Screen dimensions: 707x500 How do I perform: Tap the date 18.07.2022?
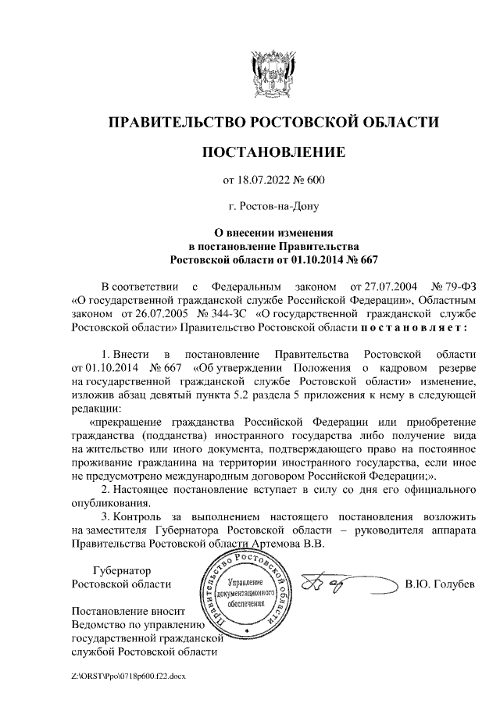tap(262, 181)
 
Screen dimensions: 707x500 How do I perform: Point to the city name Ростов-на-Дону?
tap(273, 207)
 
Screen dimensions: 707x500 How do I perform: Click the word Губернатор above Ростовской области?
tap(121, 571)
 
